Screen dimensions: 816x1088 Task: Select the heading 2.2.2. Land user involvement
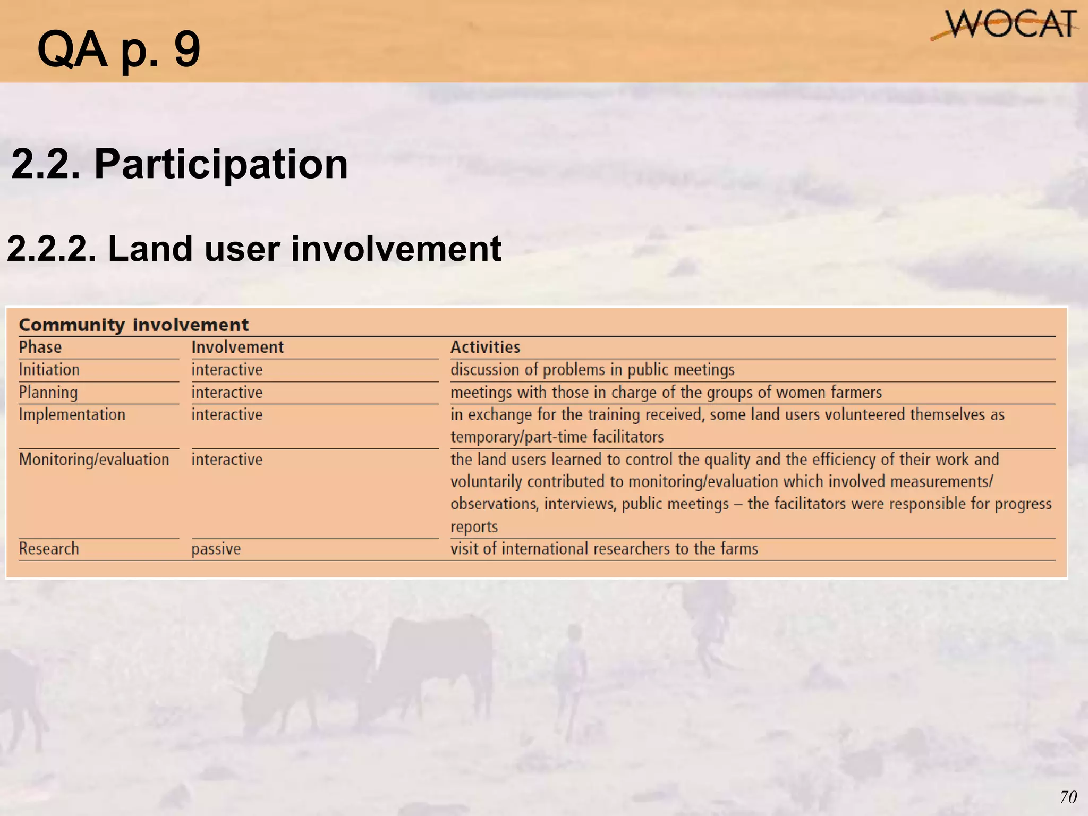[254, 249]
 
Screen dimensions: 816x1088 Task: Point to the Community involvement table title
[133, 325]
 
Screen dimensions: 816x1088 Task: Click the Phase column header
[40, 347]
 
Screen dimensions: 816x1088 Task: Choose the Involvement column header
[237, 347]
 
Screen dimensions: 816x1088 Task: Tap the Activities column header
[485, 347]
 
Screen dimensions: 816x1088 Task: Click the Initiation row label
[49, 370]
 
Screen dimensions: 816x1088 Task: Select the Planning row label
[48, 393]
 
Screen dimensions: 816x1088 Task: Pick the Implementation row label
[72, 415]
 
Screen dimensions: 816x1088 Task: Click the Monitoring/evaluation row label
[94, 460]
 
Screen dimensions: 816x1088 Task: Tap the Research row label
[49, 549]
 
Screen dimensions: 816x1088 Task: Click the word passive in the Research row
[216, 549]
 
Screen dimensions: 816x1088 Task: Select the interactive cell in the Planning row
[227, 393]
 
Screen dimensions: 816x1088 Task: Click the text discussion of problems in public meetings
[592, 370]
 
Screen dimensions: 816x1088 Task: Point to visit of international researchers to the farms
[604, 549]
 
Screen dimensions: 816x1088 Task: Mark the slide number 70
[1068, 797]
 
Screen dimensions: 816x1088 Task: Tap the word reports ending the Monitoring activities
[474, 526]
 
